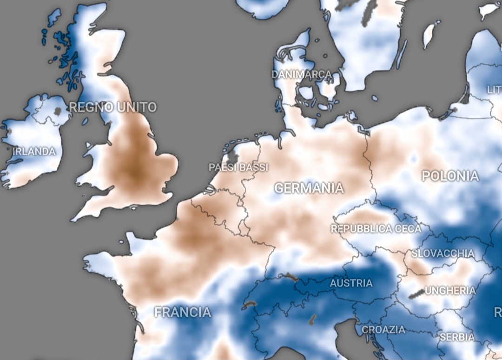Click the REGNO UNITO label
click(x=113, y=107)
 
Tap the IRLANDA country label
click(x=34, y=152)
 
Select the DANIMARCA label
click(x=302, y=74)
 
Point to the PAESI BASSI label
click(x=238, y=167)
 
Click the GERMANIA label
click(x=309, y=188)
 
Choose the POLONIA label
click(x=450, y=176)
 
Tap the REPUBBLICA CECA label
click(x=376, y=229)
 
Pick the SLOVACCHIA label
click(x=443, y=254)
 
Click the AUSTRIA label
click(x=351, y=283)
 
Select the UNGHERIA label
click(x=450, y=291)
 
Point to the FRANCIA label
click(x=183, y=312)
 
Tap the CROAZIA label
click(x=383, y=330)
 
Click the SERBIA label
click(x=457, y=337)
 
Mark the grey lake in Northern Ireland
click(x=58, y=112)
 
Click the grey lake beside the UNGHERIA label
click(x=416, y=293)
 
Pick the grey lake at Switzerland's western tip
click(x=250, y=305)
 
